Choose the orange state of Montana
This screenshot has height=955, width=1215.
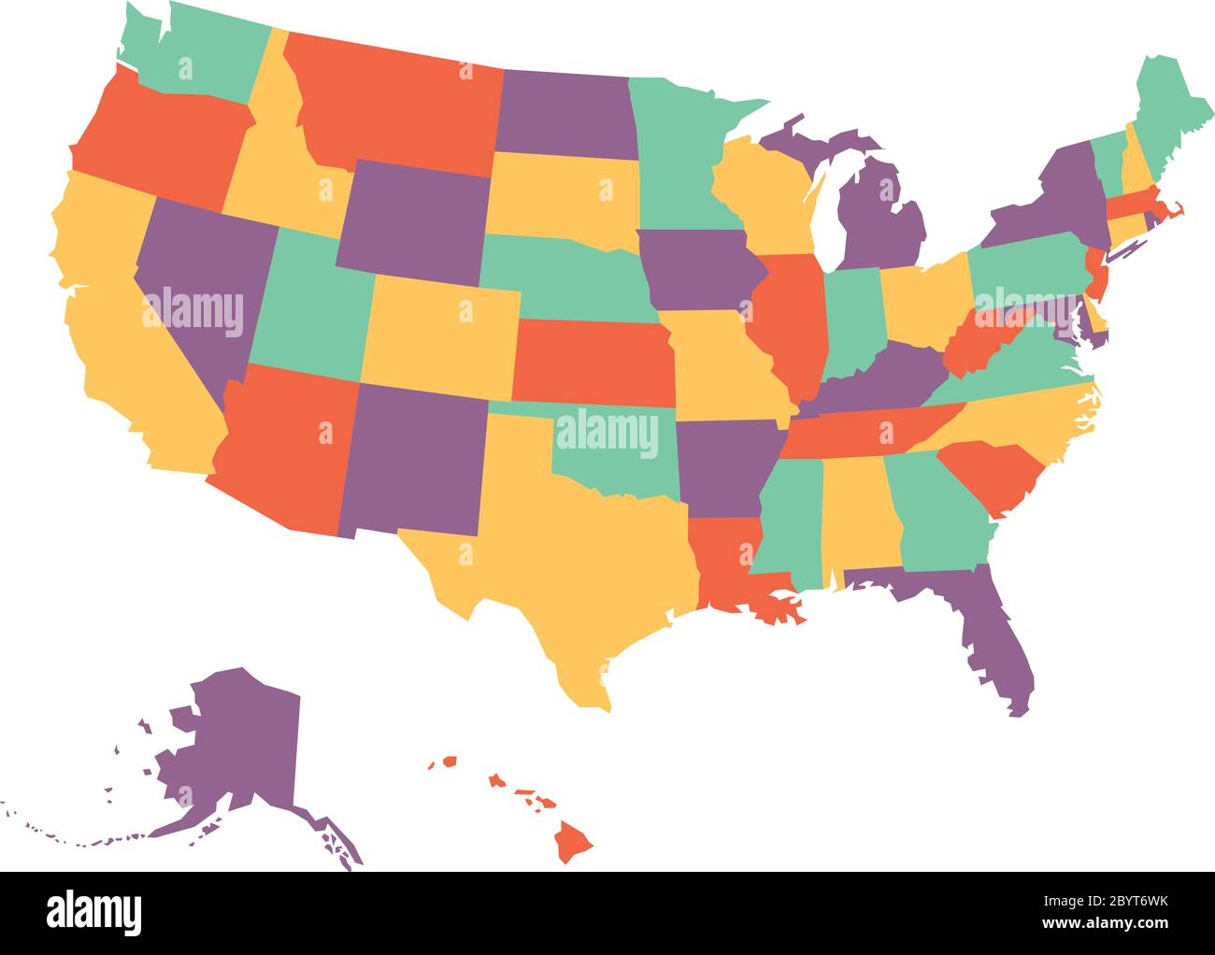tap(393, 103)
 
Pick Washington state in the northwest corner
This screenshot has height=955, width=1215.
tap(196, 56)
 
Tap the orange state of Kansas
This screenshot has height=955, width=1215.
tap(589, 360)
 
